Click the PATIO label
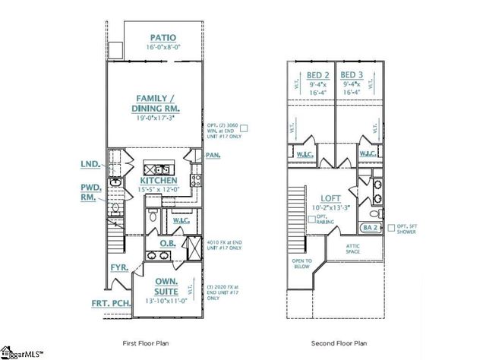(163, 36)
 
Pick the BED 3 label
(351, 74)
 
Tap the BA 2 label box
(370, 227)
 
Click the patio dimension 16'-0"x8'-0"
(163, 47)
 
